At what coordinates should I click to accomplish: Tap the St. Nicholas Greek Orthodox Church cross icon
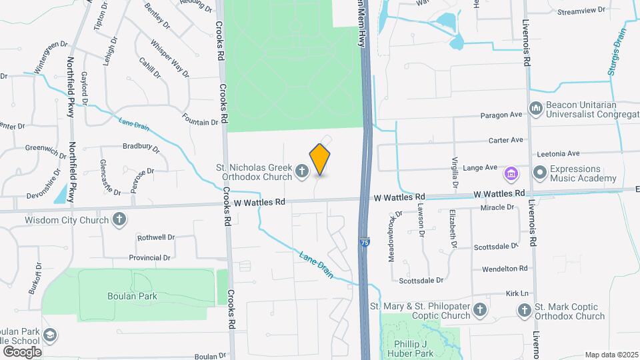point(301,173)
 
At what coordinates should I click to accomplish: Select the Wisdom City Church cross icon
point(119,220)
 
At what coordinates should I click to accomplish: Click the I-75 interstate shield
point(364,243)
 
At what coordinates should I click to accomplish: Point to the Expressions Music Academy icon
point(539,173)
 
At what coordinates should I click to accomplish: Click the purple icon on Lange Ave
point(511,173)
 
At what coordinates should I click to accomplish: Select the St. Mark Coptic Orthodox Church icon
point(524,311)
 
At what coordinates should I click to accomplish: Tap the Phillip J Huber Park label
point(409,349)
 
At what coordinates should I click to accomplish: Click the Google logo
point(22,351)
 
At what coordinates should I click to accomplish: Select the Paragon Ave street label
point(501,115)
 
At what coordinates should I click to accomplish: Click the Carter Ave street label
point(505,140)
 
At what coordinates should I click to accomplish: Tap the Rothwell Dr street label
point(155,237)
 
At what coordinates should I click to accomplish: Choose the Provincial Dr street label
point(149,257)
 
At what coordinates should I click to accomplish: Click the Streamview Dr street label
point(581,11)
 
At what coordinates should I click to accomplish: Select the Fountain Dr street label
point(200,122)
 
